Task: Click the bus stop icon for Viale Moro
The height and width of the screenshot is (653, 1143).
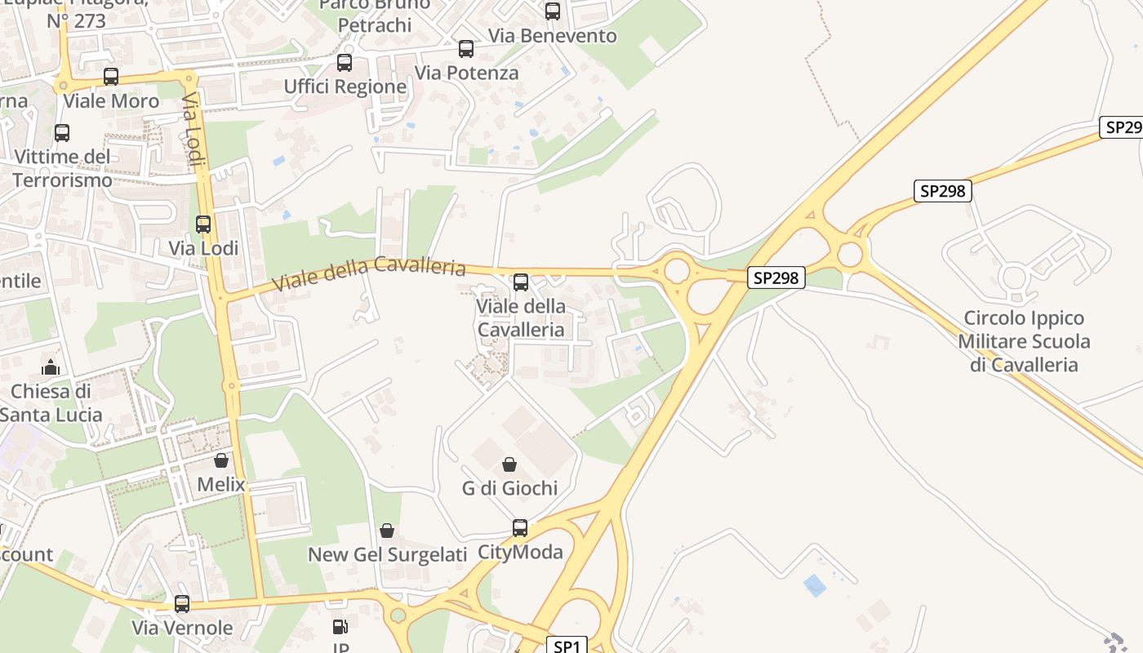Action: (x=111, y=77)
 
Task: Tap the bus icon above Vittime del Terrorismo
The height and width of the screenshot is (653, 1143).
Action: (x=62, y=132)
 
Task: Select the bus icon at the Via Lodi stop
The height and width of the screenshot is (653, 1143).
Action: (x=203, y=224)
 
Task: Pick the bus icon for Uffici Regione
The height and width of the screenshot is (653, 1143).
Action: (x=345, y=62)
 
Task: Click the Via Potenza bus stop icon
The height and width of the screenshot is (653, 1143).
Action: (x=466, y=49)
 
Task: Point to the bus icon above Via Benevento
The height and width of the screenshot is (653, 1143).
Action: (x=553, y=11)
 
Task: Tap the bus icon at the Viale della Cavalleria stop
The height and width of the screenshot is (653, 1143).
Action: (x=520, y=282)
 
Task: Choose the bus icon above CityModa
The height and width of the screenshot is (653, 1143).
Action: (x=520, y=528)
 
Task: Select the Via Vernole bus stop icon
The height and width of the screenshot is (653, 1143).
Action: (x=182, y=604)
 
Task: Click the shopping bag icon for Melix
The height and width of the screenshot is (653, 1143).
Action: (x=220, y=460)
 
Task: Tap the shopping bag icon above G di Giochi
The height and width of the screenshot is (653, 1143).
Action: (x=509, y=464)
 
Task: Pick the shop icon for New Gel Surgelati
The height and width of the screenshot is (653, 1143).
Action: (x=387, y=531)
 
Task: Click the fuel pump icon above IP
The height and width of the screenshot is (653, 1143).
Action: (x=340, y=627)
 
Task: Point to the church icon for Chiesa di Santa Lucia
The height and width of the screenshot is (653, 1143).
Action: (x=51, y=367)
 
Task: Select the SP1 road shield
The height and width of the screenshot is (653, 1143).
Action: (x=566, y=646)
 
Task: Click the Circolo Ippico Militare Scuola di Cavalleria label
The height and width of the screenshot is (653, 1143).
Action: (x=1024, y=341)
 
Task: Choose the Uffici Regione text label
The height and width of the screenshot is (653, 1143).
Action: (x=345, y=87)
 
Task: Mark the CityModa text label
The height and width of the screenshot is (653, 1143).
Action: (x=520, y=553)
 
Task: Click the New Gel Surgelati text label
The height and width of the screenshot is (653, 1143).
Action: (x=387, y=555)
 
